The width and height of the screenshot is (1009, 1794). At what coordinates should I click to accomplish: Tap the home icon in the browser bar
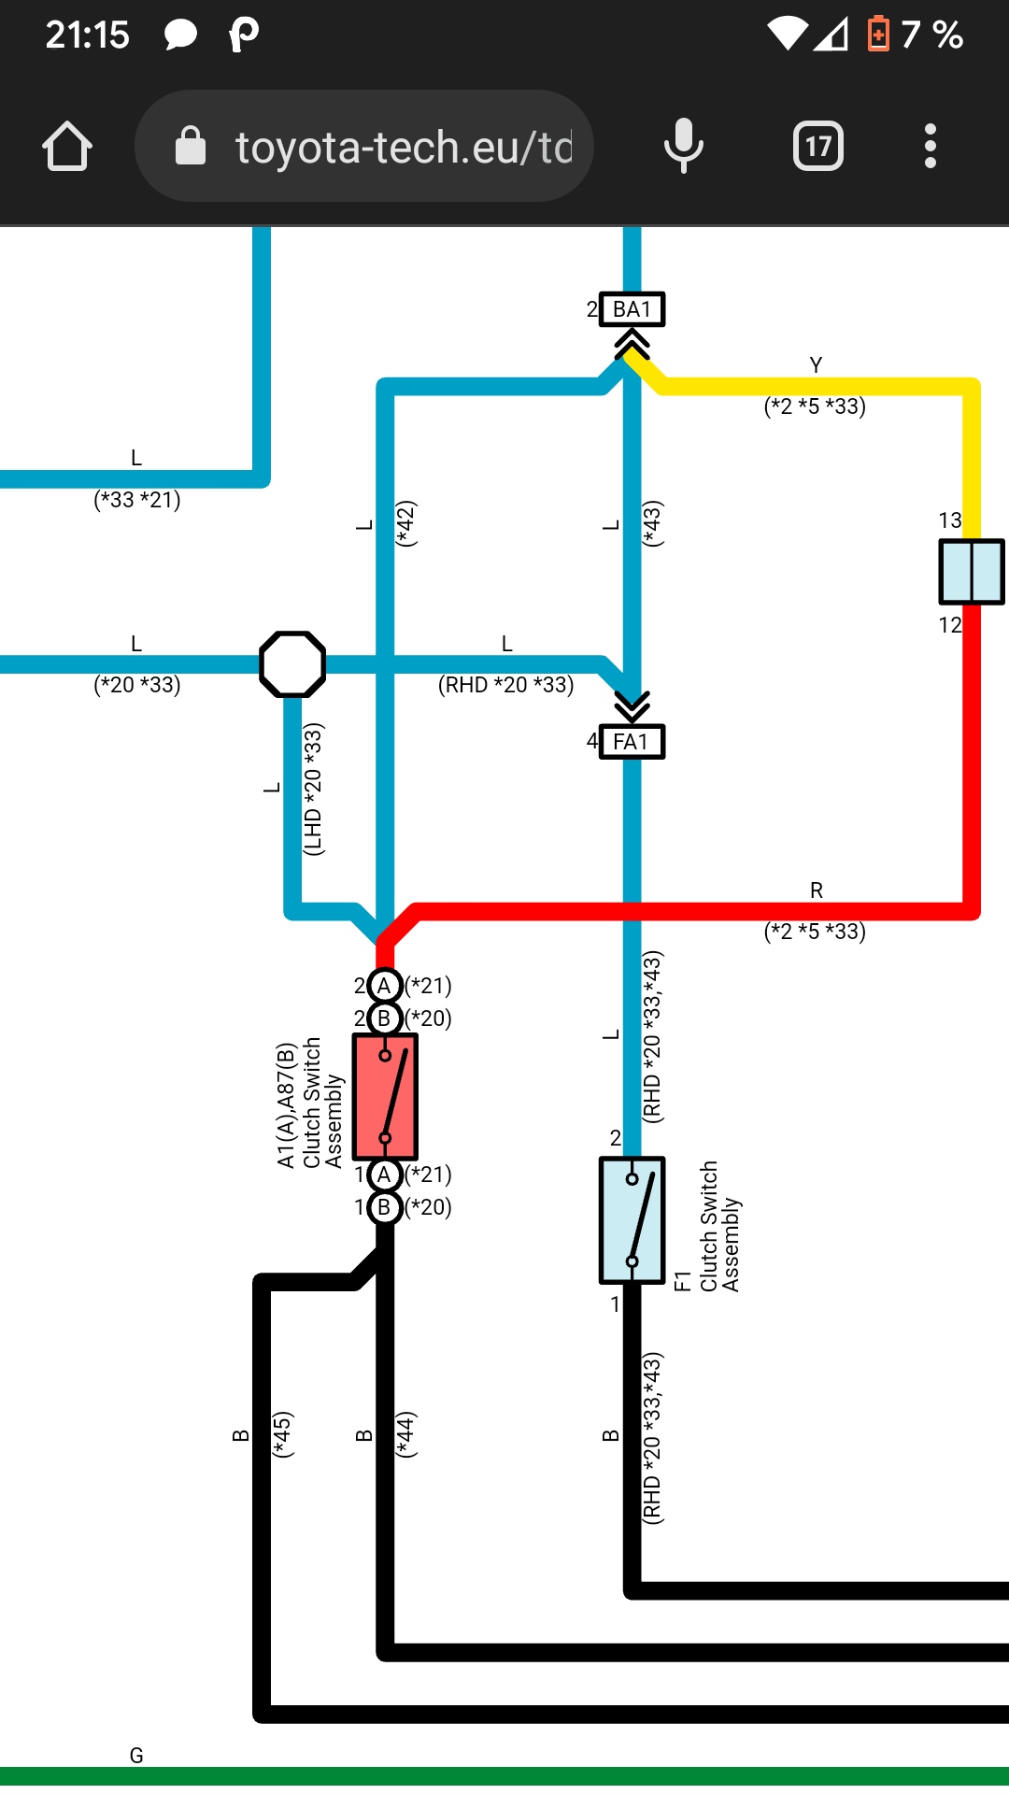tap(67, 147)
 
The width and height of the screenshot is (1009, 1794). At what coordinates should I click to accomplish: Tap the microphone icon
tap(683, 146)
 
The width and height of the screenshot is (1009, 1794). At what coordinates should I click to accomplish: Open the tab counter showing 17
tap(817, 146)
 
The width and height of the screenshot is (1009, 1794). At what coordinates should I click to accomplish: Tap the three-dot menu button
tap(930, 146)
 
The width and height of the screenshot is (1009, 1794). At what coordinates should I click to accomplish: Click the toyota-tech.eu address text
tap(403, 148)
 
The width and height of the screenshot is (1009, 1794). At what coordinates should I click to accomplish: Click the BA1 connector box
tap(632, 309)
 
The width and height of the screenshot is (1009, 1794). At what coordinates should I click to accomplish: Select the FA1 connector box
tap(632, 742)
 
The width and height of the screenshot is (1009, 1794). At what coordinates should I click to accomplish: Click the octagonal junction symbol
tap(292, 664)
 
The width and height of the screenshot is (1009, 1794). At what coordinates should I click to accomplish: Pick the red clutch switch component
tap(385, 1097)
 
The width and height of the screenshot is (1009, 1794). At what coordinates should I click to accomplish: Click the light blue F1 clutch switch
tap(632, 1220)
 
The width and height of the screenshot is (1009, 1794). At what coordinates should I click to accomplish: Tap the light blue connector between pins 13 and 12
tap(972, 572)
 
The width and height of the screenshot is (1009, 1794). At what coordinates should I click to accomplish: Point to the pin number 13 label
tap(950, 520)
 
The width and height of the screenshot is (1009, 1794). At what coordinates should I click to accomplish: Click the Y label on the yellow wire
tap(816, 365)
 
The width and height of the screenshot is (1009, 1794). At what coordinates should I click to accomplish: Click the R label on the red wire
tap(817, 890)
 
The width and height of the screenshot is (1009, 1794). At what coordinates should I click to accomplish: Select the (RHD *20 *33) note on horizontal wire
tap(505, 685)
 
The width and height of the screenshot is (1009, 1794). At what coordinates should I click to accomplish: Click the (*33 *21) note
tap(137, 500)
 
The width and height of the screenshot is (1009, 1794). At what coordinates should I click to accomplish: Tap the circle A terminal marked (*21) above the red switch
tap(384, 986)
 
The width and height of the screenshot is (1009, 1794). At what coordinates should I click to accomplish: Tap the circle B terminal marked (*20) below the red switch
tap(384, 1207)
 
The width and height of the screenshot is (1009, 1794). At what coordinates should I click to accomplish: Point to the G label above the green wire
tap(136, 1756)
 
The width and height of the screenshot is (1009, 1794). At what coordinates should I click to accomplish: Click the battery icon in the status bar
tap(878, 35)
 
